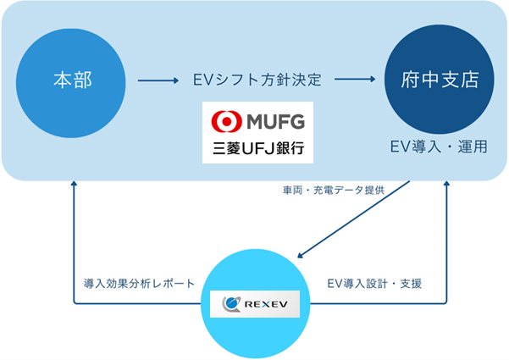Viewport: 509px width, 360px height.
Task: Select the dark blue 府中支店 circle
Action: pos(439,80)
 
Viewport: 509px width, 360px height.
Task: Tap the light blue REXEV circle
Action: pos(255,303)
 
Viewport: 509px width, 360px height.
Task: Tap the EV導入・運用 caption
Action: pos(439,146)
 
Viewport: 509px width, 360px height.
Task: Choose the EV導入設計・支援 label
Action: pos(373,282)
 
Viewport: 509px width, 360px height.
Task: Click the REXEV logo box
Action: pos(255,303)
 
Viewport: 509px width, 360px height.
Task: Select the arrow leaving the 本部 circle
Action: pos(158,81)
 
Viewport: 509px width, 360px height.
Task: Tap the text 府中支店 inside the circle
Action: pos(439,81)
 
